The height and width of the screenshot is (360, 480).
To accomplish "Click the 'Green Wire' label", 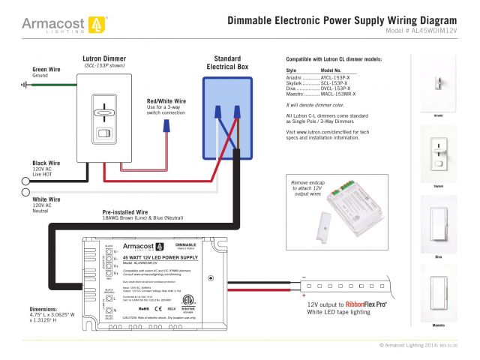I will (46, 69).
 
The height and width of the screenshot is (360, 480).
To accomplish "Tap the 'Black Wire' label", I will (46, 163).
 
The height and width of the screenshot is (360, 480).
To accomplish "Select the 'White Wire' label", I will (46, 199).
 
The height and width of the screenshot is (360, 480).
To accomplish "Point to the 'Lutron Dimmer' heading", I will (103, 58).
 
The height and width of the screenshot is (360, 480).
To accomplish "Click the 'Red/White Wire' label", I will (166, 100).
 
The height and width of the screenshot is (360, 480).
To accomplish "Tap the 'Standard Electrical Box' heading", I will (226, 63).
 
